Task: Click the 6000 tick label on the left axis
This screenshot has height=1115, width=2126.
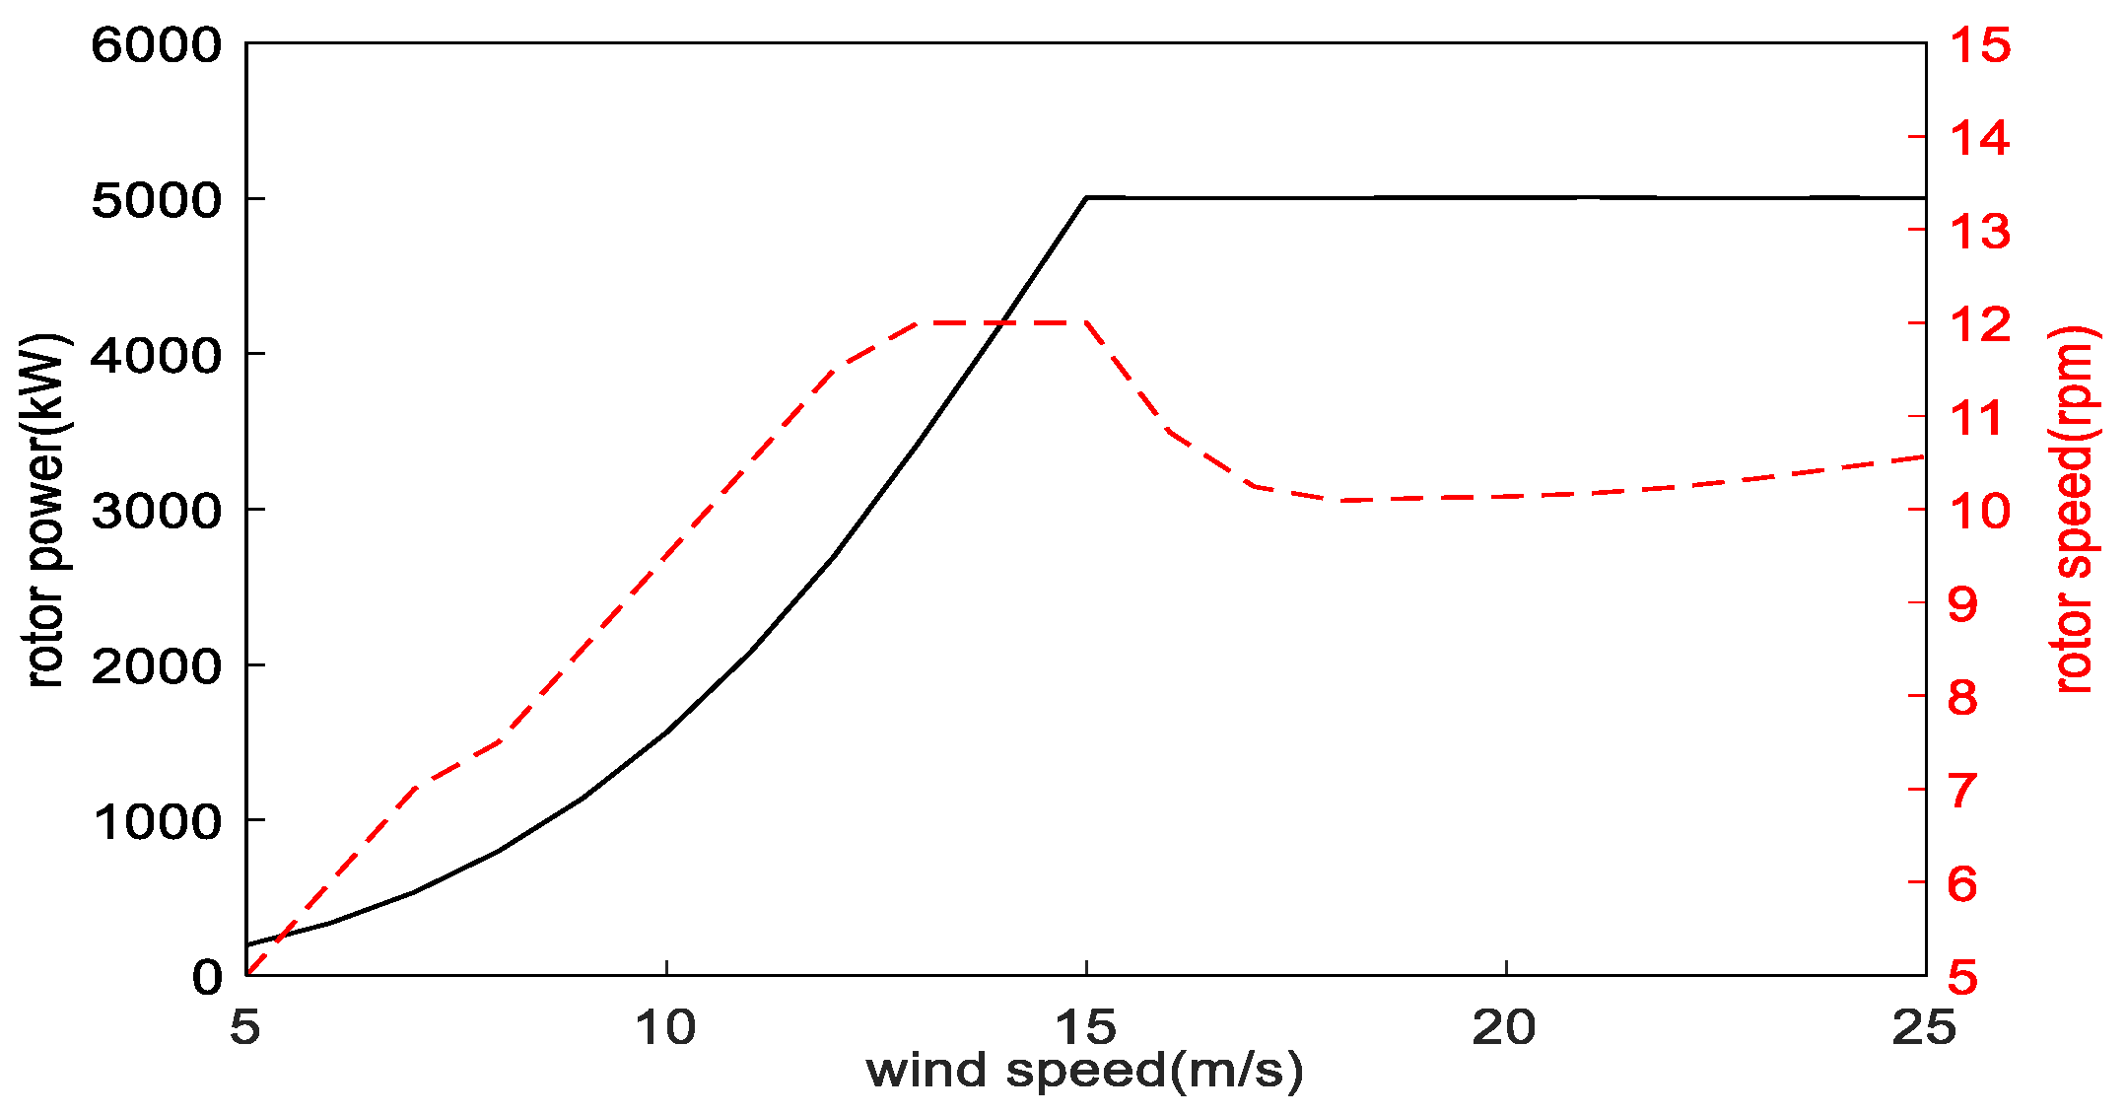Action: click(156, 45)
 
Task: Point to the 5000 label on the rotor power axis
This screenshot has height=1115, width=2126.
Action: click(156, 200)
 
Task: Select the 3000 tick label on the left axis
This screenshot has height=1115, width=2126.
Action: click(156, 511)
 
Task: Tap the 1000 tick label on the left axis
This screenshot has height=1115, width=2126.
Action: click(156, 821)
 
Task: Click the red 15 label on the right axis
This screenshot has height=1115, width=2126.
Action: click(1979, 45)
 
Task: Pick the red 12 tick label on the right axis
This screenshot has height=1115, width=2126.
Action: click(1979, 324)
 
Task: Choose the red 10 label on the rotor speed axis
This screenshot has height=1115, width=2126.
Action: click(1979, 511)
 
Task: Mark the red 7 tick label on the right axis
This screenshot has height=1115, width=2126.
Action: click(1962, 790)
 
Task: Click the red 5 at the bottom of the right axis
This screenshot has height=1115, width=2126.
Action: click(1962, 976)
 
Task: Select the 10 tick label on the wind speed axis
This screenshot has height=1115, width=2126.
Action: click(665, 1028)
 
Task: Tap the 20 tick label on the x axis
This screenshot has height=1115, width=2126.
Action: click(1504, 1028)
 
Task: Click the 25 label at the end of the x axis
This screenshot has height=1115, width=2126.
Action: click(1923, 1028)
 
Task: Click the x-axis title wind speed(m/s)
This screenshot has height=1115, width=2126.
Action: click(1084, 1071)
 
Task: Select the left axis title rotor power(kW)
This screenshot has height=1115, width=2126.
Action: click(45, 511)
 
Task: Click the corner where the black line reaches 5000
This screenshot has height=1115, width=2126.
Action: click(1086, 197)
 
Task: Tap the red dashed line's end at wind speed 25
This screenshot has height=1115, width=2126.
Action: click(1924, 457)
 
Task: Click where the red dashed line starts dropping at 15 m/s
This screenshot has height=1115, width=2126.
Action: click(1085, 322)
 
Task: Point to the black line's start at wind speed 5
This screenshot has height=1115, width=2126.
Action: click(247, 944)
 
